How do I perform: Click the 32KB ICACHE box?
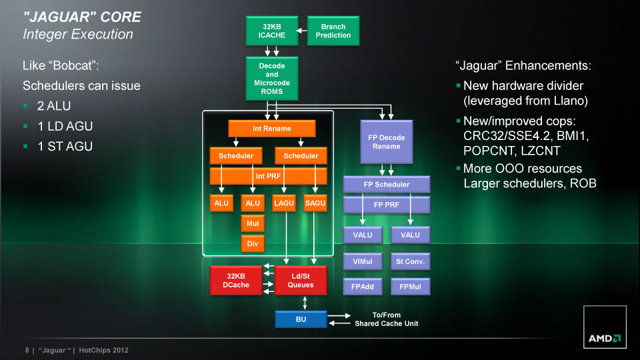271,31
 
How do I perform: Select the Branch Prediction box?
333,31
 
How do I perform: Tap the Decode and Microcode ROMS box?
271,79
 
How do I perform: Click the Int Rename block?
271,128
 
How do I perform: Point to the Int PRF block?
269,176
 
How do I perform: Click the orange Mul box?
253,224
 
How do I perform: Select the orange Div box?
253,244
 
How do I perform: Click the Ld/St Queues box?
301,280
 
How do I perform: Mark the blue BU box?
301,320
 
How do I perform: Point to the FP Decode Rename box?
386,141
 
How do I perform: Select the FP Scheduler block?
386,184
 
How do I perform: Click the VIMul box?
363,261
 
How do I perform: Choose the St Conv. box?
410,261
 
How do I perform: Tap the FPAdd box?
363,287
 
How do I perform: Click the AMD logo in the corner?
605,338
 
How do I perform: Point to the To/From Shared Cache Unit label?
386,319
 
